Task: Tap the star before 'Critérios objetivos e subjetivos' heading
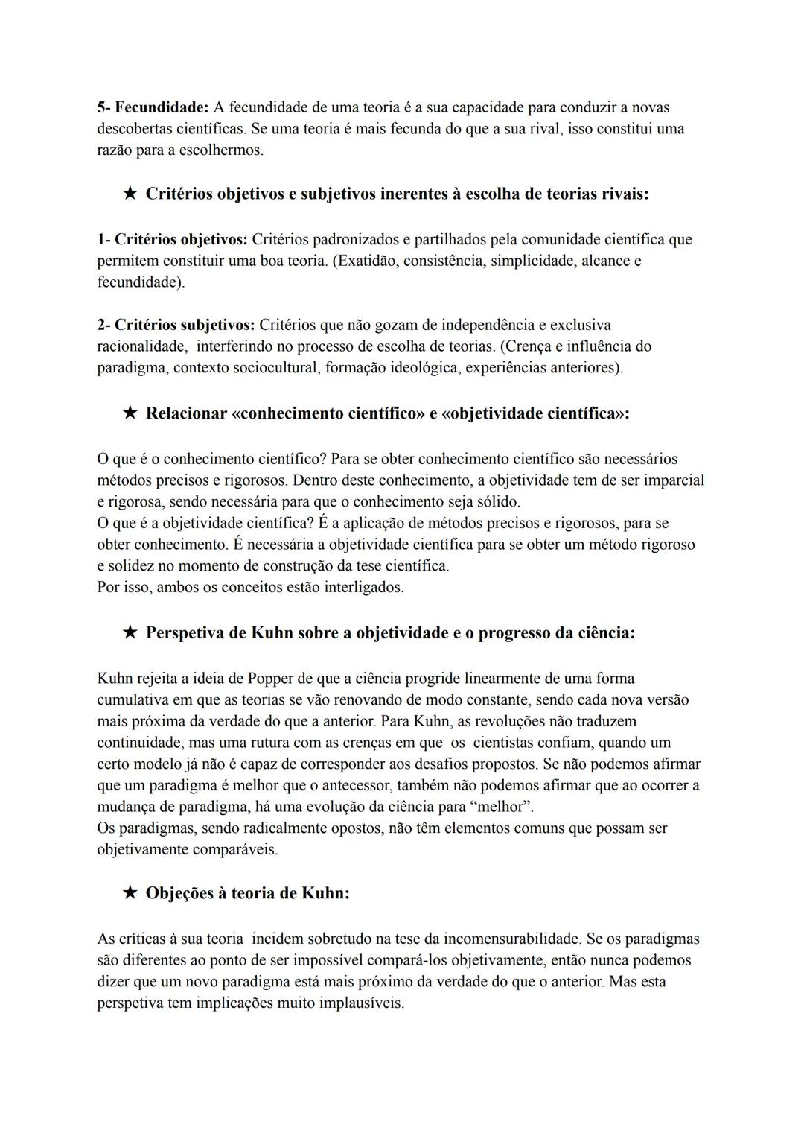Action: pyautogui.click(x=130, y=194)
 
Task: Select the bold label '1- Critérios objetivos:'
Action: pyautogui.click(x=172, y=239)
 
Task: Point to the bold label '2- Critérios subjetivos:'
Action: pyautogui.click(x=176, y=325)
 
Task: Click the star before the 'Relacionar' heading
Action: pyautogui.click(x=130, y=413)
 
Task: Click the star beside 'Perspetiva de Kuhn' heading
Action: pyautogui.click(x=130, y=632)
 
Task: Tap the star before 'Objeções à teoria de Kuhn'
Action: pyautogui.click(x=130, y=892)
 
